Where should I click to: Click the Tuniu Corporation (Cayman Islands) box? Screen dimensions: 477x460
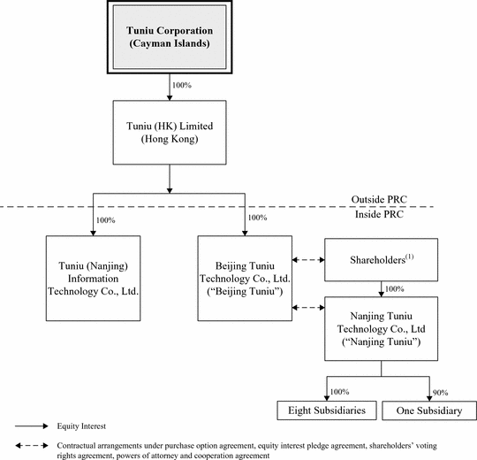[x=170, y=37]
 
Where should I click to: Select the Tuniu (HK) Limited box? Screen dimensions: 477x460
[x=170, y=133]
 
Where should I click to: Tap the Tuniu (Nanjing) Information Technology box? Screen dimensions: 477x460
[x=93, y=278]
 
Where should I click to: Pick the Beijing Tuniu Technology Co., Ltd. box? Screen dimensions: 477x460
[x=245, y=278]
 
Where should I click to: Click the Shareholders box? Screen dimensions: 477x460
[x=382, y=260]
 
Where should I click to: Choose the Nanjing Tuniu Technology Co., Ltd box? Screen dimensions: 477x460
[x=382, y=329]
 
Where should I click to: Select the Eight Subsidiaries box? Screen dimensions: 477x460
[x=327, y=410]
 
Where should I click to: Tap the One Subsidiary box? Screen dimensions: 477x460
[x=429, y=410]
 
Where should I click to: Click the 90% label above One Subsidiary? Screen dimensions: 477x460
[x=440, y=393]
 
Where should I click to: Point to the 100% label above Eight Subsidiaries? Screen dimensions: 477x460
[x=339, y=392]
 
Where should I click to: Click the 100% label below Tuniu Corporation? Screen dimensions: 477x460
[x=182, y=85]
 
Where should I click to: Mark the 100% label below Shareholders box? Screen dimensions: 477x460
[x=395, y=288]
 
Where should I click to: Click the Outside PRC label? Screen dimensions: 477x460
[x=379, y=200]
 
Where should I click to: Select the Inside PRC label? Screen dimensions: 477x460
[x=379, y=214]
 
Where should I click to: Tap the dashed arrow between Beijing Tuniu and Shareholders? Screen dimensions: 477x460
[x=308, y=260]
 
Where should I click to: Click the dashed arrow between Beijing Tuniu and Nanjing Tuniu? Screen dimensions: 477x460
[x=308, y=308]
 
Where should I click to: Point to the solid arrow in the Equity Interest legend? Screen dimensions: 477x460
[x=32, y=425]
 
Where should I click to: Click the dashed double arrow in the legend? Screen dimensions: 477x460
[x=32, y=446]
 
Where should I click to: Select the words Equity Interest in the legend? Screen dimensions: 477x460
[x=81, y=425]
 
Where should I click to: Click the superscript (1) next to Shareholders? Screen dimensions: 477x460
[x=410, y=257]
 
